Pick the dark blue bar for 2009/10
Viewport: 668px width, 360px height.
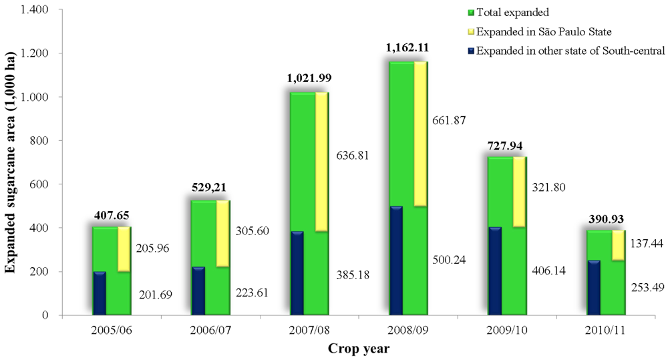495,271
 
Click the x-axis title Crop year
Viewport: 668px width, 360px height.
359,348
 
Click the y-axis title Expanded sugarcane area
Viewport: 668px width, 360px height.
11,162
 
